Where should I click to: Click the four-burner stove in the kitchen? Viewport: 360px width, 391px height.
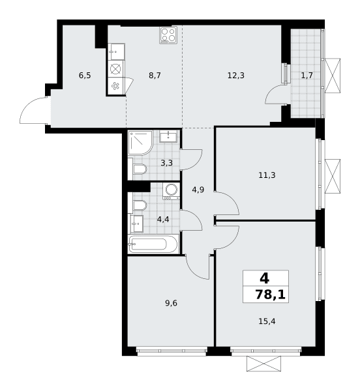pyautogui.click(x=168, y=35)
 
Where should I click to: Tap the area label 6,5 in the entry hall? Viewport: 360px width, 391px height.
pyautogui.click(x=85, y=75)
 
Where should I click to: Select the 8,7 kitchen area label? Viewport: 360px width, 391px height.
pyautogui.click(x=155, y=75)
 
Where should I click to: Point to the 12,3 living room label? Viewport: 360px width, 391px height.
pyautogui.click(x=235, y=75)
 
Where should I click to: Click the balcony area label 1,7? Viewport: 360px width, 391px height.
pyautogui.click(x=307, y=75)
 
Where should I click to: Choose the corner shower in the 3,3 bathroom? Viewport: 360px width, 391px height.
pyautogui.click(x=140, y=143)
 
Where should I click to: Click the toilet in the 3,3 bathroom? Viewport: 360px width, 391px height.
pyautogui.click(x=140, y=169)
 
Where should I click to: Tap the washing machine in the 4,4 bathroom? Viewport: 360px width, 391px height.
pyautogui.click(x=171, y=191)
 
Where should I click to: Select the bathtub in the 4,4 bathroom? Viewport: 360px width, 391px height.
pyautogui.click(x=153, y=244)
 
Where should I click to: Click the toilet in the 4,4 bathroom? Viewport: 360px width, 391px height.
pyautogui.click(x=140, y=205)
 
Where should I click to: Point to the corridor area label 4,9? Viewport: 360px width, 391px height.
pyautogui.click(x=198, y=190)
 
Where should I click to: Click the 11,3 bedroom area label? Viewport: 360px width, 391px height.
pyautogui.click(x=267, y=175)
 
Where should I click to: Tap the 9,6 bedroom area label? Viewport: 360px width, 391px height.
pyautogui.click(x=171, y=303)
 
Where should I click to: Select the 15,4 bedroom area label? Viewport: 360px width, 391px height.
pyautogui.click(x=267, y=321)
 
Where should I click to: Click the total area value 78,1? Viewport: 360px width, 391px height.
pyautogui.click(x=270, y=295)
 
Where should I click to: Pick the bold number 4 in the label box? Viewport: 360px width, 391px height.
pyautogui.click(x=264, y=278)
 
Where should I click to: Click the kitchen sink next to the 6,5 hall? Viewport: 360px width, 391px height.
pyautogui.click(x=116, y=51)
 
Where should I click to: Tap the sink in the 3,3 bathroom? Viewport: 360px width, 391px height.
pyautogui.click(x=168, y=136)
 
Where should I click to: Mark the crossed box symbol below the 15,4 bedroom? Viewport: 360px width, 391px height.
pyautogui.click(x=263, y=364)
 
